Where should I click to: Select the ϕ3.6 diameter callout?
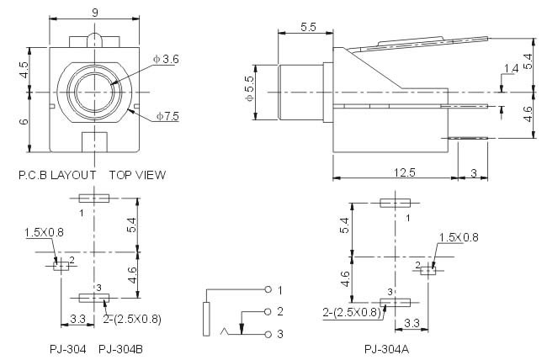[167, 59]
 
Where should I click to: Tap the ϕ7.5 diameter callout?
[166, 116]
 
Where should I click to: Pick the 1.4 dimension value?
[511, 68]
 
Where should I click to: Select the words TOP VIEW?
[137, 175]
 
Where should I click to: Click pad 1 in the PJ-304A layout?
[394, 203]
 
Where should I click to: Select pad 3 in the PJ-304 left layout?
[93, 297]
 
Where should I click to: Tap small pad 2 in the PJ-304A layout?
[428, 270]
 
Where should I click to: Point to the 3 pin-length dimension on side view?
[473, 172]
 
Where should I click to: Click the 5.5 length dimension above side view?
[307, 27]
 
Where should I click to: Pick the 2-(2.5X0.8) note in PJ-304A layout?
[348, 313]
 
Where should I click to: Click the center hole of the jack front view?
[93, 91]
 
